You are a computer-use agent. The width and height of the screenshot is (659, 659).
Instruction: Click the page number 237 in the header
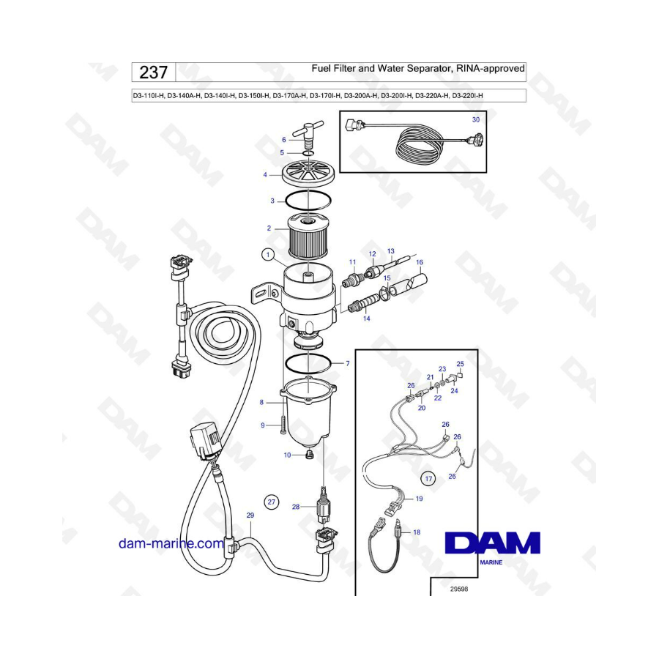click(x=154, y=72)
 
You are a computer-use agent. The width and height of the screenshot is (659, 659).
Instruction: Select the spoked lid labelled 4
click(x=308, y=173)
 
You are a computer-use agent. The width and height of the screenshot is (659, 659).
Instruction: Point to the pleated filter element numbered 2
click(x=308, y=237)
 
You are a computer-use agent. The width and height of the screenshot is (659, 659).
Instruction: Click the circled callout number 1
click(x=268, y=255)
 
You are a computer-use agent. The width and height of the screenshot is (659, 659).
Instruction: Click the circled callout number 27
click(x=272, y=502)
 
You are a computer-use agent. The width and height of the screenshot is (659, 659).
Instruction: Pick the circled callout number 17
click(x=428, y=479)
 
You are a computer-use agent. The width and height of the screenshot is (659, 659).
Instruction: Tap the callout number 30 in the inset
click(x=476, y=120)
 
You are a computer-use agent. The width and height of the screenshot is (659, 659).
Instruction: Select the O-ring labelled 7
click(x=308, y=362)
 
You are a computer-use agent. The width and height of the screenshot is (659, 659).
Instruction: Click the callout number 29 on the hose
click(x=250, y=515)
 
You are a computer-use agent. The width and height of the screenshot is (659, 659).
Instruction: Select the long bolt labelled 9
click(x=283, y=425)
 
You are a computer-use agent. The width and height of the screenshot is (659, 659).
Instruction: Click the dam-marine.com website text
click(x=171, y=543)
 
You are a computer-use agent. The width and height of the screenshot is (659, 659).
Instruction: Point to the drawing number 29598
click(x=459, y=589)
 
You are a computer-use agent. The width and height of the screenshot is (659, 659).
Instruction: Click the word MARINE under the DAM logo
click(x=491, y=562)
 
